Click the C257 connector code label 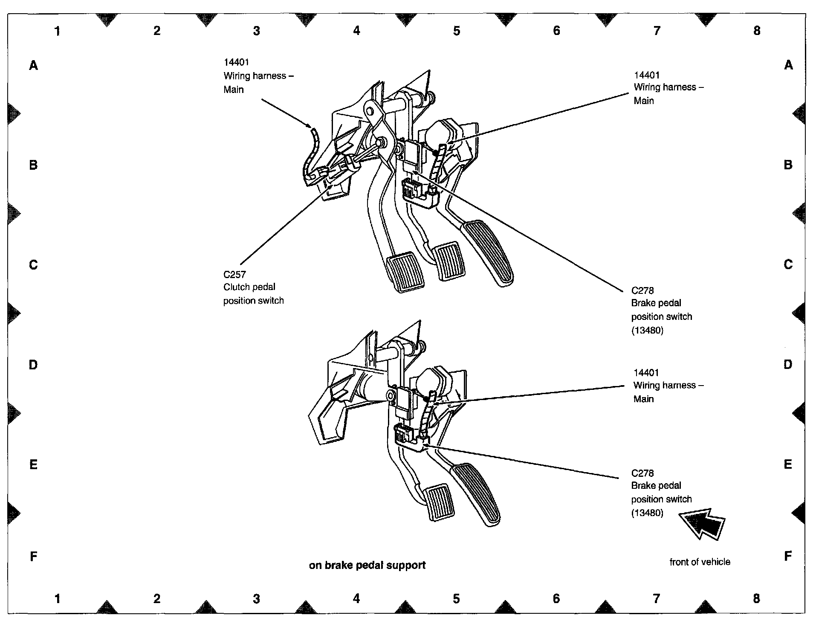point(234,274)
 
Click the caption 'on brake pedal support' point(367,565)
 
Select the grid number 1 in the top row point(57,31)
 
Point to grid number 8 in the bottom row point(756,598)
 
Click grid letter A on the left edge point(33,65)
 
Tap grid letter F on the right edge point(788,556)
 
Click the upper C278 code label point(642,291)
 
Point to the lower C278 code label point(642,473)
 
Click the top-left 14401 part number point(236,62)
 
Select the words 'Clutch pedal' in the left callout point(249,287)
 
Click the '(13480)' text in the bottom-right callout point(647,513)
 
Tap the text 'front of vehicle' point(700,562)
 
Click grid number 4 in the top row point(356,31)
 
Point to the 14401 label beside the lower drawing point(646,372)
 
